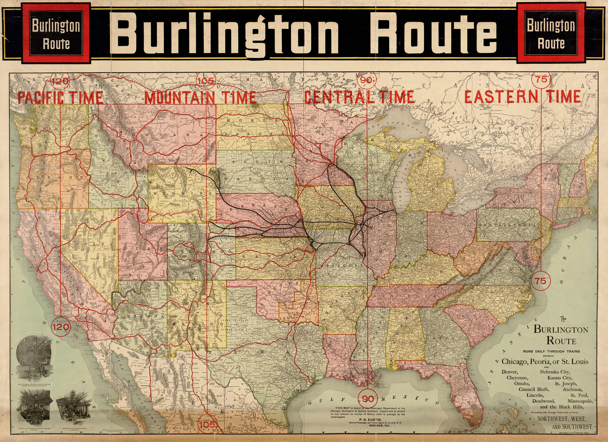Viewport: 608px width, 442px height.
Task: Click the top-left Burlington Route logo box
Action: [56, 33]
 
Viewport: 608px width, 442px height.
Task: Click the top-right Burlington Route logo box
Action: [551, 33]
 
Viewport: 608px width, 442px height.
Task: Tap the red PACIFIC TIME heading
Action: [60, 97]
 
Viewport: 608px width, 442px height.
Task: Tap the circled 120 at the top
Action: [60, 81]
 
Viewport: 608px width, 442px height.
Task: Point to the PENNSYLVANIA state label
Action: [508, 225]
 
